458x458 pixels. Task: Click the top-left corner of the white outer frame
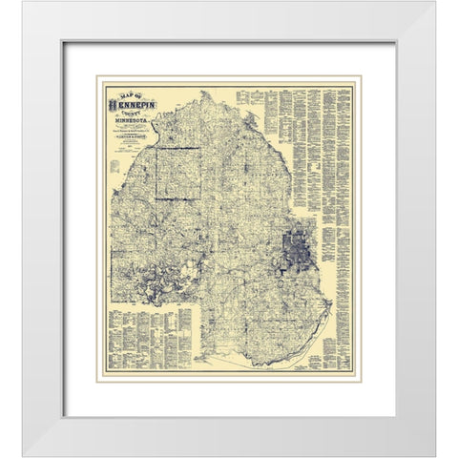[24, 3]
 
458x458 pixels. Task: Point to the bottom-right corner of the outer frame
[434, 454]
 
